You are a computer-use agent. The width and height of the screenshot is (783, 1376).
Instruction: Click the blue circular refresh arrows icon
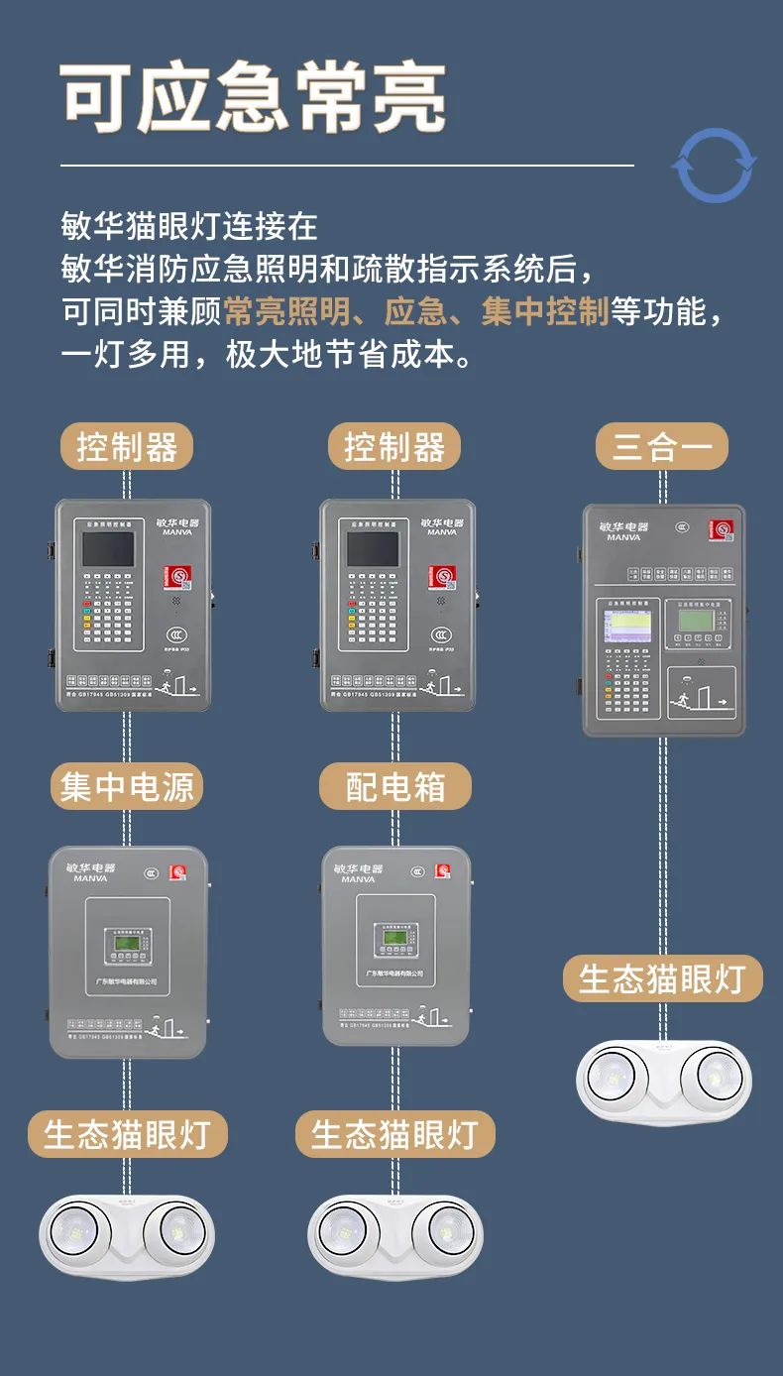coord(714,165)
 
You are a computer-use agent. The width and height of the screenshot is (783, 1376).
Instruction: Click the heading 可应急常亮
coord(254,99)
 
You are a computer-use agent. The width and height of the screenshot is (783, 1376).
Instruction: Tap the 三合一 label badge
coord(661,446)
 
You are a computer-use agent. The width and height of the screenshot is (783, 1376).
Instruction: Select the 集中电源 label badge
coord(127,787)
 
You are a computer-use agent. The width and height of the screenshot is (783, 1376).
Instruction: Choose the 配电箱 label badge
coord(394,787)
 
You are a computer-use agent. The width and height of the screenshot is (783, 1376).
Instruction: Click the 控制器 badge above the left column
coord(127,446)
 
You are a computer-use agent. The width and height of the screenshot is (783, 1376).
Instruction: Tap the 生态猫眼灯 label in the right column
coord(662,978)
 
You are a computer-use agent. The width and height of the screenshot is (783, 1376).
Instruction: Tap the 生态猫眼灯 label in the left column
coord(127,1134)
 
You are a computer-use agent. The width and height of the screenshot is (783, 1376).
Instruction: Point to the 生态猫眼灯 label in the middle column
coord(394,1134)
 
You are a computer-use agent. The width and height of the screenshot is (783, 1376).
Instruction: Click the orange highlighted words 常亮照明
coord(286,312)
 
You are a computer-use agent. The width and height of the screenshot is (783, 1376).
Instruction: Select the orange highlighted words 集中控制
coord(544,312)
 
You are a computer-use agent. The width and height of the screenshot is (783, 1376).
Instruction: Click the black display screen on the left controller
coord(108,548)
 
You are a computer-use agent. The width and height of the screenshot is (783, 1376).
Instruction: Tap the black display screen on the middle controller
coord(373,548)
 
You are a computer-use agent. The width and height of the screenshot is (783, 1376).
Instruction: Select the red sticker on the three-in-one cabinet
coord(721,531)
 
